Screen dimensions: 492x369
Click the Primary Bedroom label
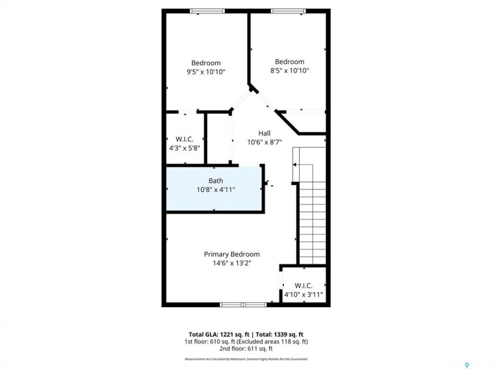(232, 254)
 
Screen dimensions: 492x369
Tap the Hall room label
(264, 133)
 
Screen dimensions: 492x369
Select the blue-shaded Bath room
(214, 189)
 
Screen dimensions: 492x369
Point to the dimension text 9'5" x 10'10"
(206, 72)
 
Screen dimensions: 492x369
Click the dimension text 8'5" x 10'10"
(290, 71)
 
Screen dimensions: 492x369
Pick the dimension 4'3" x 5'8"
(184, 148)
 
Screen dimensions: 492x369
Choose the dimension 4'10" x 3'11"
(303, 295)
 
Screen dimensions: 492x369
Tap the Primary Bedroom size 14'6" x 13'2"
(232, 263)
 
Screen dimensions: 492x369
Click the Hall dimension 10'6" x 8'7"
(264, 142)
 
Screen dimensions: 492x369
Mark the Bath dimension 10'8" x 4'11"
(216, 190)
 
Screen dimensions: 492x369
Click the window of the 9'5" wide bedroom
(207, 11)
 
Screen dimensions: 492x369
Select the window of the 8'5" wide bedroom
(288, 11)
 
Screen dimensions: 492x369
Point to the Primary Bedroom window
(243, 304)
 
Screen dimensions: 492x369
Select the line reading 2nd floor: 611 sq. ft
(246, 348)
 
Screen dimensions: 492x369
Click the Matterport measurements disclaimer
(246, 359)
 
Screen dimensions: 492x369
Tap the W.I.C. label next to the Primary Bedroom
(303, 286)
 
